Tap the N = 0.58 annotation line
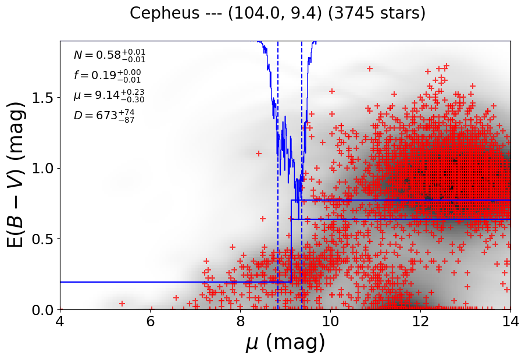point(109,55)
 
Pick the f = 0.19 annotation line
point(107,75)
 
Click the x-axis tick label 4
point(60,321)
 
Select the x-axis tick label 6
point(150,321)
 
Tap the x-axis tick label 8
point(240,321)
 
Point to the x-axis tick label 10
point(330,321)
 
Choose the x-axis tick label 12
point(420,321)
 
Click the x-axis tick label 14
point(510,321)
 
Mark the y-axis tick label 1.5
point(44,98)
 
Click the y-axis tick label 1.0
point(44,168)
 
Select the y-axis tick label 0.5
point(44,239)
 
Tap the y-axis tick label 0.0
point(44,309)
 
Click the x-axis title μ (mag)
point(285,343)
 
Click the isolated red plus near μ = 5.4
point(122,304)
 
